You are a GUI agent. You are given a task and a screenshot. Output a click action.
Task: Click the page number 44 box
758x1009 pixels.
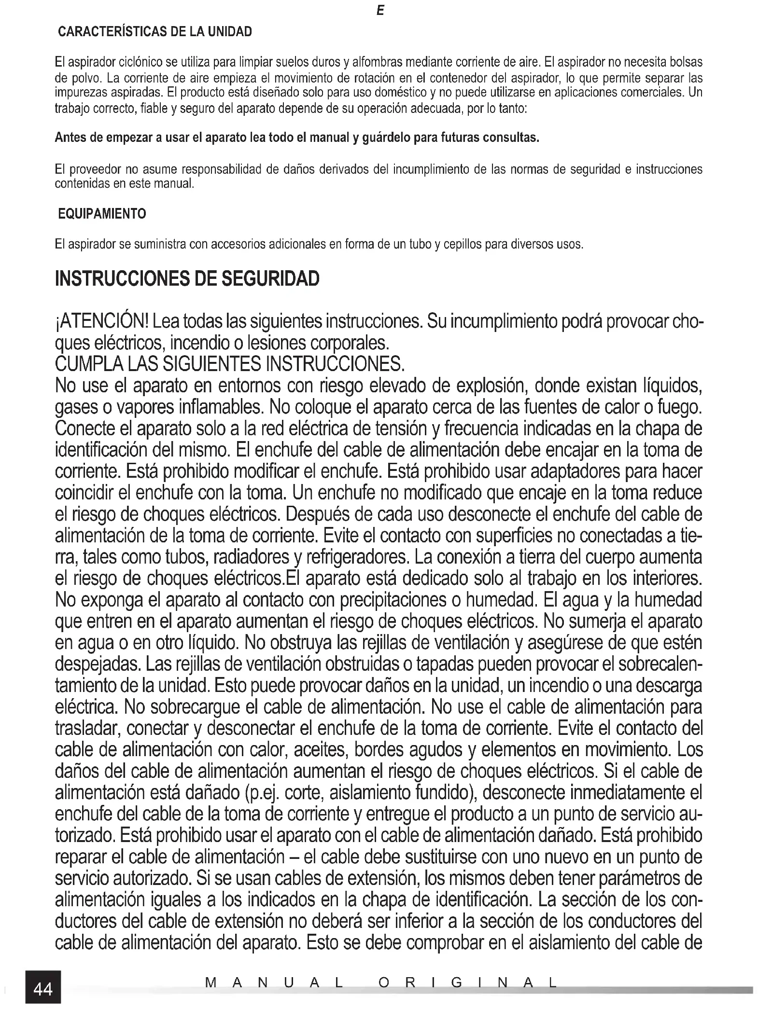click(43, 989)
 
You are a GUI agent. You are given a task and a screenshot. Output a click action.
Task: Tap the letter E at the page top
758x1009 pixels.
click(380, 11)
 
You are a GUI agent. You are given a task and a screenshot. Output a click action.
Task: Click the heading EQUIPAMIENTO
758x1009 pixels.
click(102, 213)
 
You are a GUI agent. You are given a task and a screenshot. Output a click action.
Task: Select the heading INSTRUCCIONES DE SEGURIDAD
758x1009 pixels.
click(187, 278)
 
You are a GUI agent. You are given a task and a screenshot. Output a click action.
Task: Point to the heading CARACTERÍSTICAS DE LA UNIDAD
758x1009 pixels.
click(154, 32)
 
